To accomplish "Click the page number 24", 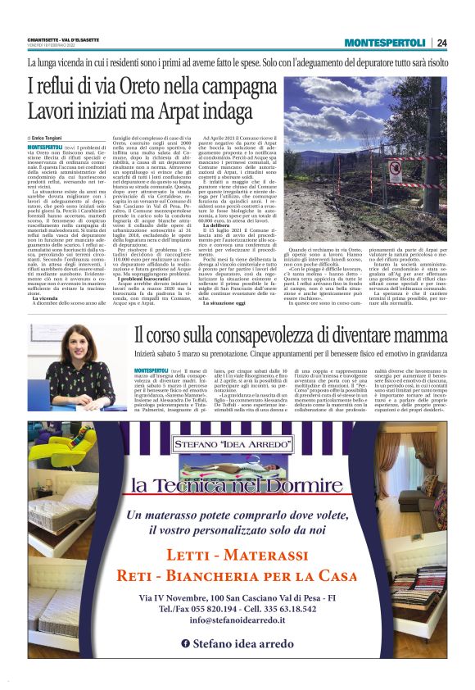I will click(x=442, y=43).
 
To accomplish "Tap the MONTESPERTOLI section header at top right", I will click(x=385, y=43).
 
